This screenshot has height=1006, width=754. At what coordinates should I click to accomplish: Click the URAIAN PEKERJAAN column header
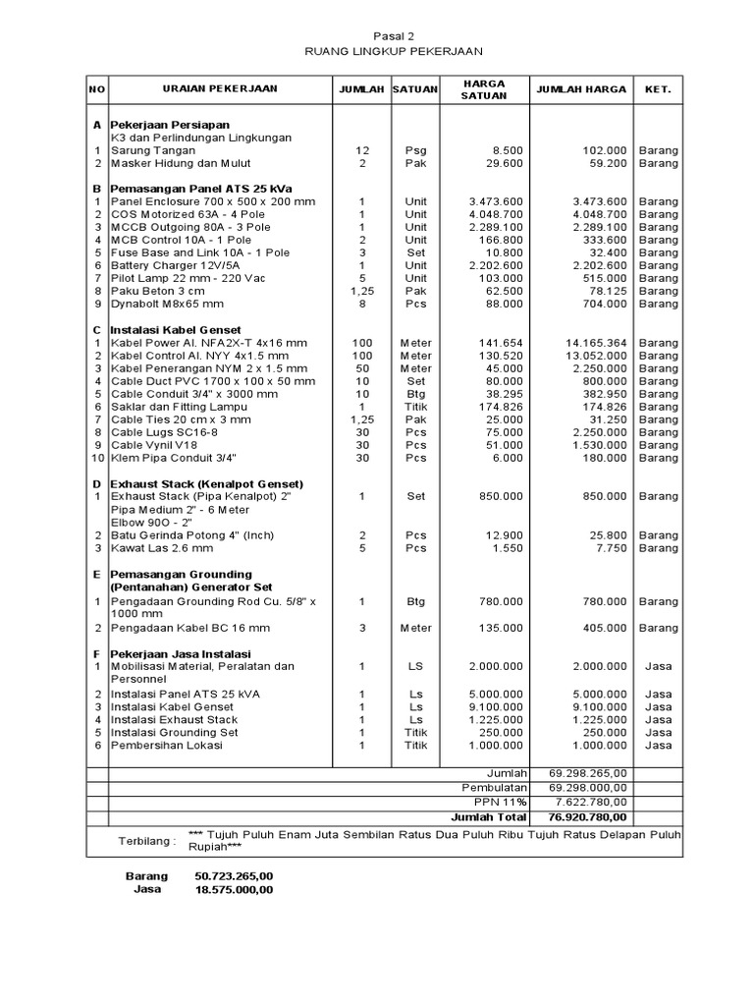(220, 88)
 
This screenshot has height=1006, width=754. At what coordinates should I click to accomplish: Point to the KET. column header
(658, 88)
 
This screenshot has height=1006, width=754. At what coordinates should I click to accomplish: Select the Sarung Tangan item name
(151, 150)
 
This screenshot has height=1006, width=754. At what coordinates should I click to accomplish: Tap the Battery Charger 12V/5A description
(175, 265)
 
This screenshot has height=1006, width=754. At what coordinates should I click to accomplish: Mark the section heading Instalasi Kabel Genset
(175, 329)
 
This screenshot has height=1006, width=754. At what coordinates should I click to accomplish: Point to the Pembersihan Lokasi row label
(167, 745)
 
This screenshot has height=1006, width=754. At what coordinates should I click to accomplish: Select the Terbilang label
(147, 841)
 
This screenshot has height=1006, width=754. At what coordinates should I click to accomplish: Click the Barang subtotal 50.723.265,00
(234, 875)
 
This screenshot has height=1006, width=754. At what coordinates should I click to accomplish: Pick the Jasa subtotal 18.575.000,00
(234, 889)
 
